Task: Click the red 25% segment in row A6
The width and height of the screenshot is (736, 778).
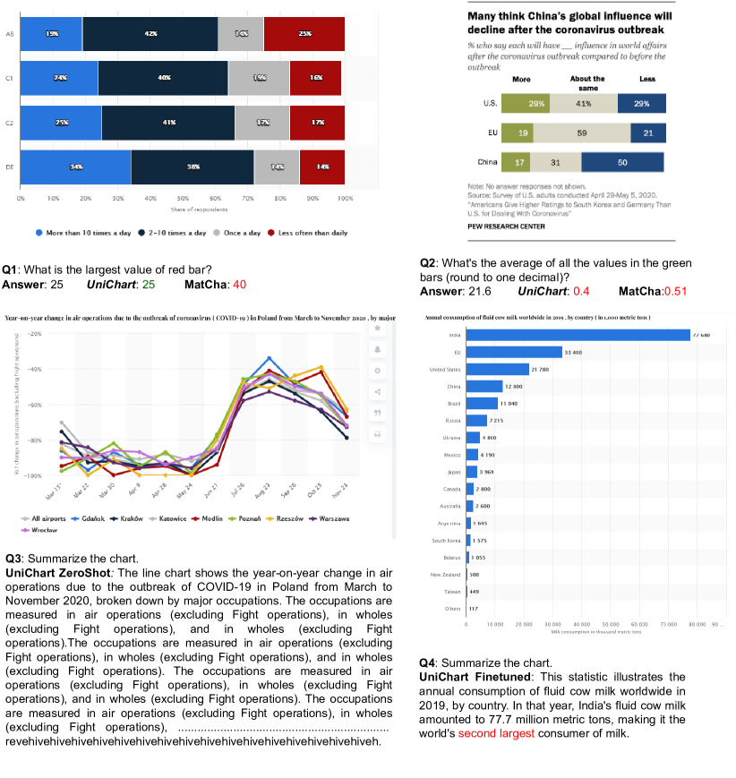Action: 304,33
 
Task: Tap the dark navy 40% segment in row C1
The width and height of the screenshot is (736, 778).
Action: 163,78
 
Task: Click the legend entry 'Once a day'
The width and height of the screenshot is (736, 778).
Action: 238,233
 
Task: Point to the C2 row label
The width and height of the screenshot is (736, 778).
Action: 8,122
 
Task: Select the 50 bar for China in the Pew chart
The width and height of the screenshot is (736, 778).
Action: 622,162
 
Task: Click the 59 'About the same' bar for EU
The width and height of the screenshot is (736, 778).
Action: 581,133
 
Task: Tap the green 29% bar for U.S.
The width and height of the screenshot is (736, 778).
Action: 536,104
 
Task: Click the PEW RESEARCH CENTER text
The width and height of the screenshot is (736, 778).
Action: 506,227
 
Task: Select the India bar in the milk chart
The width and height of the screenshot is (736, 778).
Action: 578,335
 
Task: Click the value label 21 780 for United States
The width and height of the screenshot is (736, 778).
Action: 540,369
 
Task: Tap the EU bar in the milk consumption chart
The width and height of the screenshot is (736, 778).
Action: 514,352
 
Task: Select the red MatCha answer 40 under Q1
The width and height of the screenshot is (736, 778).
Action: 239,285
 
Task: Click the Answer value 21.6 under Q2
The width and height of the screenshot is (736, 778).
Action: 479,292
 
